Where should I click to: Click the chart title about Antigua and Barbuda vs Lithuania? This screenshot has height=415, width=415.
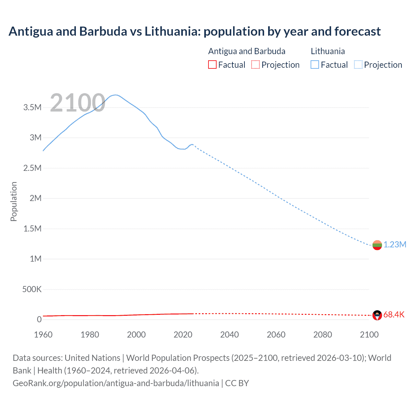[x=195, y=31]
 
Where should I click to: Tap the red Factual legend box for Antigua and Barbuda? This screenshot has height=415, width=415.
[x=212, y=65]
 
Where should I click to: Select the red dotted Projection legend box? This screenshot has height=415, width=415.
[x=255, y=65]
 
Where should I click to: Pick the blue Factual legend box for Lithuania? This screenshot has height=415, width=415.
[x=315, y=65]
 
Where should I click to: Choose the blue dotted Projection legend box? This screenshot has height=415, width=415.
[x=358, y=65]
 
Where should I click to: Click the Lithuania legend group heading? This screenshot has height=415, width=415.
[x=328, y=51]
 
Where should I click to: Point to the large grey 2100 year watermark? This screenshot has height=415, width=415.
[x=77, y=103]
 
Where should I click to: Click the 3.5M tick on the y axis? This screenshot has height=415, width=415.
[x=32, y=107]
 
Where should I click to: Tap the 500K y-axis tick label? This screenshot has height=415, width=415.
[x=32, y=289]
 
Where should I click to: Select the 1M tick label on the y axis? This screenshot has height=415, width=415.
[x=36, y=259]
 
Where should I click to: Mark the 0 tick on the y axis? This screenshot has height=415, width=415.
[x=39, y=319]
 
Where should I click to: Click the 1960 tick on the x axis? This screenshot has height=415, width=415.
[x=43, y=335]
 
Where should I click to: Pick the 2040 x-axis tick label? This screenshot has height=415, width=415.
[x=230, y=335]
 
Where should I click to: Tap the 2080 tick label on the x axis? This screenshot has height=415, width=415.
[x=323, y=335]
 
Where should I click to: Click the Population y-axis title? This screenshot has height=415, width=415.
[x=14, y=201]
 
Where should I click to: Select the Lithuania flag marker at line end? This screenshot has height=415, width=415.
[x=377, y=245]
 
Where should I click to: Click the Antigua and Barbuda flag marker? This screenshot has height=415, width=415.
[x=377, y=315]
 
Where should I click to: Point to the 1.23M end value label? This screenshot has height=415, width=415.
[x=395, y=244]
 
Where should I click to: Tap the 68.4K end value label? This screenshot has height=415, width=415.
[x=394, y=314]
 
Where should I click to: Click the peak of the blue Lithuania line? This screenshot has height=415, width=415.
[x=116, y=95]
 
